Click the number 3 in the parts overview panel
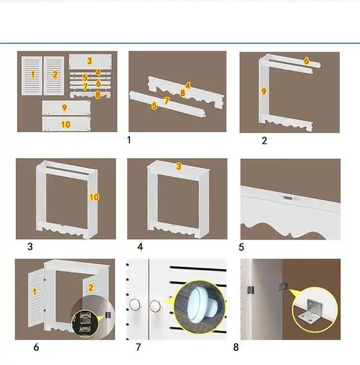[89, 61]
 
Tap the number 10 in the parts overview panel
[66, 124]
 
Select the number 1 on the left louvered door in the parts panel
[33, 74]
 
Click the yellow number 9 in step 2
[264, 91]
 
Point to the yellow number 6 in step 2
[306, 61]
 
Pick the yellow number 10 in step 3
[94, 197]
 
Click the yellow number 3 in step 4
[179, 166]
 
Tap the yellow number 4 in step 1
[188, 85]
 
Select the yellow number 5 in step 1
[154, 106]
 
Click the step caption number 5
[241, 247]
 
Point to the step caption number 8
[236, 347]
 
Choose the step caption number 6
[36, 347]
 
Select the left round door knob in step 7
[135, 304]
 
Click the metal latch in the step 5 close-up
[287, 197]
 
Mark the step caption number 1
[129, 140]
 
